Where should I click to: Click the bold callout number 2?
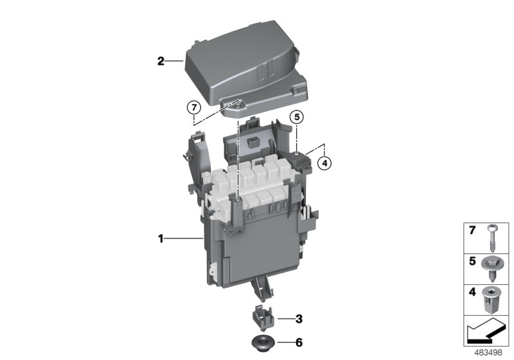point(161,62)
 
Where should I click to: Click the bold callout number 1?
point(161,239)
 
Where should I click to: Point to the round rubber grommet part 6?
point(262,341)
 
